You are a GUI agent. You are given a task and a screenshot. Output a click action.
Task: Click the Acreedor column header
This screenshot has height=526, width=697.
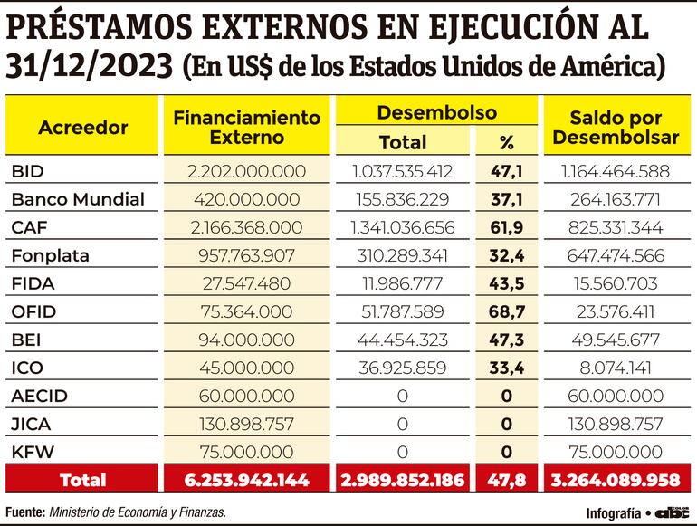82,128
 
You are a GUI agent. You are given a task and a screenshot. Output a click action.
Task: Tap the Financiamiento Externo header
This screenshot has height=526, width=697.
247,128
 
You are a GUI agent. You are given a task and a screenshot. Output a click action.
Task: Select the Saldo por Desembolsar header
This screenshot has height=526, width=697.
616,128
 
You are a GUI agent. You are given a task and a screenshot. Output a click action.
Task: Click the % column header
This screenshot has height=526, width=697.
506,142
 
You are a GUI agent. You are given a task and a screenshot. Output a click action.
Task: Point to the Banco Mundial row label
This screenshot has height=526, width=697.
78,199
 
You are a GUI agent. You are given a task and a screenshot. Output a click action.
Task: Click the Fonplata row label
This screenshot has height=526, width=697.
51,255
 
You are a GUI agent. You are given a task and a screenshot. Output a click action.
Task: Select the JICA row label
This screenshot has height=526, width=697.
33,424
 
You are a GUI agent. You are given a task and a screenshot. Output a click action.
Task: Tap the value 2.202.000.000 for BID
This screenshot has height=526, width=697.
247,171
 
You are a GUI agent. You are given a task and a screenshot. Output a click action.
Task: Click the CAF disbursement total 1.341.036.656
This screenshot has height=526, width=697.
402,227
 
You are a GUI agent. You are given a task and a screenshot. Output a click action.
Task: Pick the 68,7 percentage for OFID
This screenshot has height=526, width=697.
506,311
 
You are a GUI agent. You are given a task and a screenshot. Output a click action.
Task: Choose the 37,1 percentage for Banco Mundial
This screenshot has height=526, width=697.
506,199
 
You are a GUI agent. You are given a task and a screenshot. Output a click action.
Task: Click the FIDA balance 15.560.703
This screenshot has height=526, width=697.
616,283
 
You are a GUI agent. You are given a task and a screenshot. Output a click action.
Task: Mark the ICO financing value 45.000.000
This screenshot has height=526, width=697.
247,368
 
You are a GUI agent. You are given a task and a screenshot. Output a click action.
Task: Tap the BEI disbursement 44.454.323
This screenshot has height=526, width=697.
402,340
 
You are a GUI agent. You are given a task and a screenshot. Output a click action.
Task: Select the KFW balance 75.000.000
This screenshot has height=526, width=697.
616,452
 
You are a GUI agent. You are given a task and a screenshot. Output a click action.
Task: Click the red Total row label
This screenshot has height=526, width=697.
82,480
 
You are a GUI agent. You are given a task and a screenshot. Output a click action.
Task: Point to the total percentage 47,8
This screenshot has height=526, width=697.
506,480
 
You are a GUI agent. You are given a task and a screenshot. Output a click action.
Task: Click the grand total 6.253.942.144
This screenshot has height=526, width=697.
247,480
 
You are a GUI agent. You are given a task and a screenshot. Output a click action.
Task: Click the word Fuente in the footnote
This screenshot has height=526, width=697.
24,512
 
